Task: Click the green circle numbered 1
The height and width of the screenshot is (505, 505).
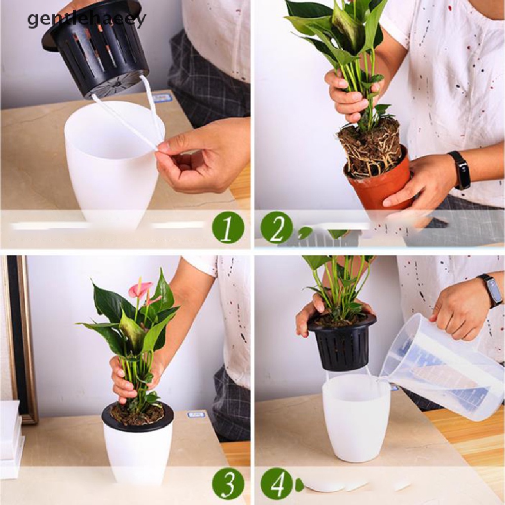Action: click(x=228, y=227)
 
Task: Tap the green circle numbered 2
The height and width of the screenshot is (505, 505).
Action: click(x=277, y=227)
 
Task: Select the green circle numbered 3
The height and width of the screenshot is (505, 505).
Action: click(x=228, y=483)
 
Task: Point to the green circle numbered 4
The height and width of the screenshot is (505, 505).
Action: click(x=277, y=483)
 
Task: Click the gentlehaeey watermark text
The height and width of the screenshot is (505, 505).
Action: click(x=86, y=20)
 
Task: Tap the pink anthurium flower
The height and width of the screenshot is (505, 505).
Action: click(x=140, y=289)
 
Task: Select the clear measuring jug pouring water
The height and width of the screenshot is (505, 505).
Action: click(x=444, y=367)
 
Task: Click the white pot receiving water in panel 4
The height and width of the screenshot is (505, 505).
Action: click(x=356, y=419)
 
